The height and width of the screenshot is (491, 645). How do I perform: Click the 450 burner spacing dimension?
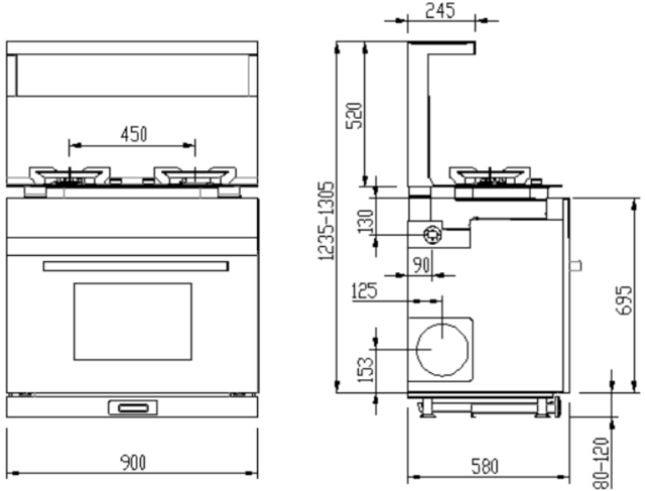(134, 134)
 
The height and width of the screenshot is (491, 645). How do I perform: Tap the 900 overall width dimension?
(133, 463)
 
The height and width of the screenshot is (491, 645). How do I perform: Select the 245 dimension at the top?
(440, 11)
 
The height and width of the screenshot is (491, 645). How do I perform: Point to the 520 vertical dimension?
(354, 116)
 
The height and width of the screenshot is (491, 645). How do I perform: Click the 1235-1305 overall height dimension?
(327, 221)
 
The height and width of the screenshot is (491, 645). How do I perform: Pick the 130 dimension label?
(365, 221)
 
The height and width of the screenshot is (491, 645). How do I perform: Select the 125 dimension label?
(364, 291)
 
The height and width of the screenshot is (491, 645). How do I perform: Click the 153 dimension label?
(365, 370)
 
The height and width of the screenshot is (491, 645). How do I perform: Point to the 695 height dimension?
(624, 300)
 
